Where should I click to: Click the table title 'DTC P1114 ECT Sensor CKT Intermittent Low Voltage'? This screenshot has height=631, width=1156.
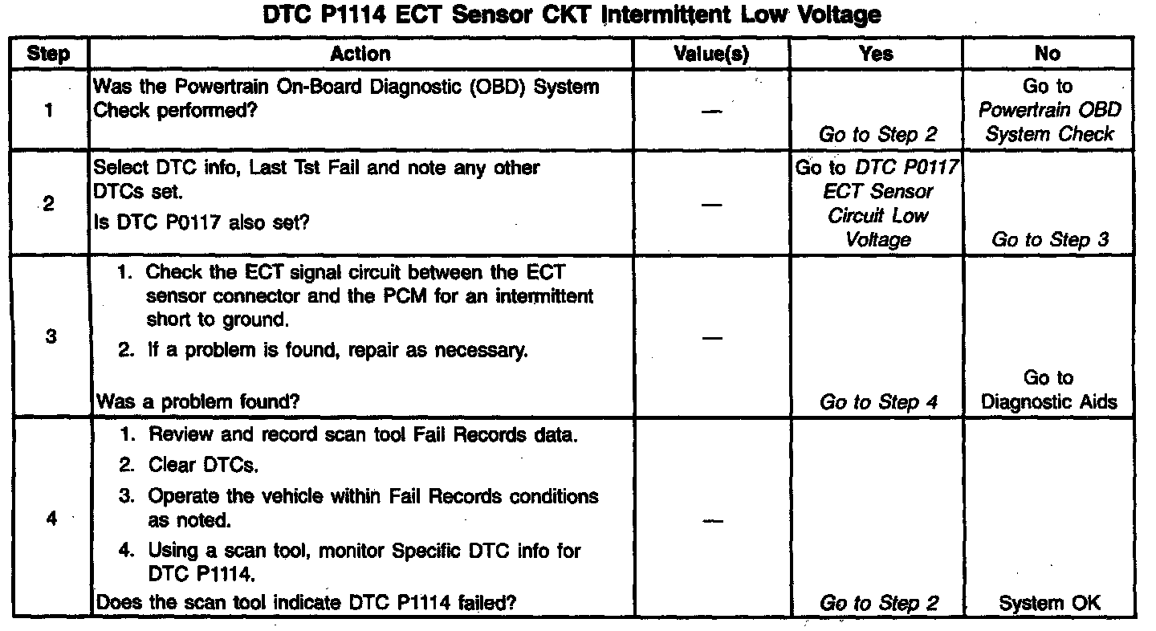coord(572,14)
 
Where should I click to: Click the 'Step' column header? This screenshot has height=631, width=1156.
coord(48,54)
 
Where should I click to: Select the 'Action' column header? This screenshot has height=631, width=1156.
coord(360,54)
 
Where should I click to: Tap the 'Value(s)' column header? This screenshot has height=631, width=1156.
coord(710,54)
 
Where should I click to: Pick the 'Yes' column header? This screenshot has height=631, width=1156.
coord(876,54)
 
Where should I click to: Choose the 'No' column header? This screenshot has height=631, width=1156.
coord(1048,54)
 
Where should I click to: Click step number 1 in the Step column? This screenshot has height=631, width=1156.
coord(50,111)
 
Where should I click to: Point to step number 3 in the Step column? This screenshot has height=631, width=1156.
coord(50,336)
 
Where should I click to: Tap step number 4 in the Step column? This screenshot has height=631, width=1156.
coord(51,519)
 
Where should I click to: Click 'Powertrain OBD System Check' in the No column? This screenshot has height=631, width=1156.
coord(1049,122)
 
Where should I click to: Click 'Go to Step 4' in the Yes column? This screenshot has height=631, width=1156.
coord(878,402)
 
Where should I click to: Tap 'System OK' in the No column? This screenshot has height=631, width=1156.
coord(1049,603)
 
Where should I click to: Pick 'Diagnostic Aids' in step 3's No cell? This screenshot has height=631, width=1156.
coord(1049,401)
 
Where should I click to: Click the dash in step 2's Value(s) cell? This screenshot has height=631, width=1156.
coord(710,204)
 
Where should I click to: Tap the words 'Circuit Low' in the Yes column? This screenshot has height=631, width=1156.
coord(878,215)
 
